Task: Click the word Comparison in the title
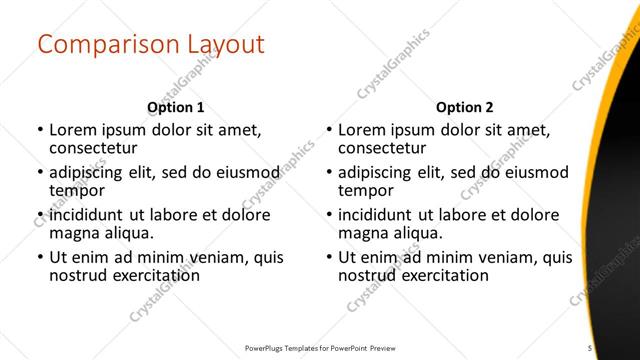click(100, 45)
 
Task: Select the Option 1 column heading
click(175, 107)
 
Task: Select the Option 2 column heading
click(465, 107)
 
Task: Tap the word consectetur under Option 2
click(383, 148)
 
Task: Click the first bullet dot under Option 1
click(39, 130)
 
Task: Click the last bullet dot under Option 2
click(329, 257)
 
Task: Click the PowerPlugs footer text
click(320, 347)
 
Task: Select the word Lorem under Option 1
click(72, 130)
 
